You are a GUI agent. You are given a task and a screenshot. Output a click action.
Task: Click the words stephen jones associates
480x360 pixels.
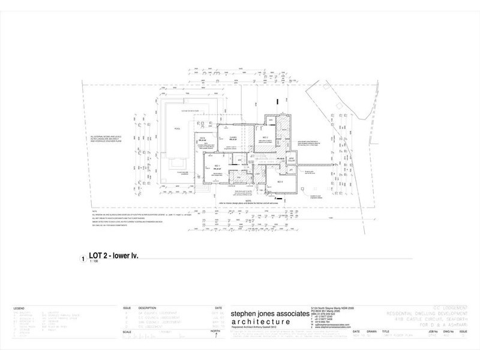click(x=267, y=314)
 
